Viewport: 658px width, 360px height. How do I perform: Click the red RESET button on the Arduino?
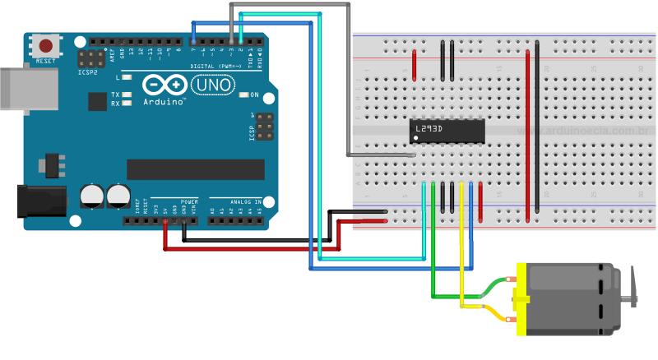tap(47, 46)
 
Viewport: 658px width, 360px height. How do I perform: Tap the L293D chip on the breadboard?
tap(444, 130)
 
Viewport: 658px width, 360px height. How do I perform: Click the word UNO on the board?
tap(212, 85)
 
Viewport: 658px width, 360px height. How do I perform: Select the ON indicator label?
tap(254, 95)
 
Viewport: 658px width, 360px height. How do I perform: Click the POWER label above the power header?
tap(189, 201)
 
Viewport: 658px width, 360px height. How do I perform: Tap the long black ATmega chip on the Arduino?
tap(196, 169)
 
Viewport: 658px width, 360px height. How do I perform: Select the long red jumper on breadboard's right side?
tap(527, 136)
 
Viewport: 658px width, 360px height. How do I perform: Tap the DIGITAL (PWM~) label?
tap(215, 66)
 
